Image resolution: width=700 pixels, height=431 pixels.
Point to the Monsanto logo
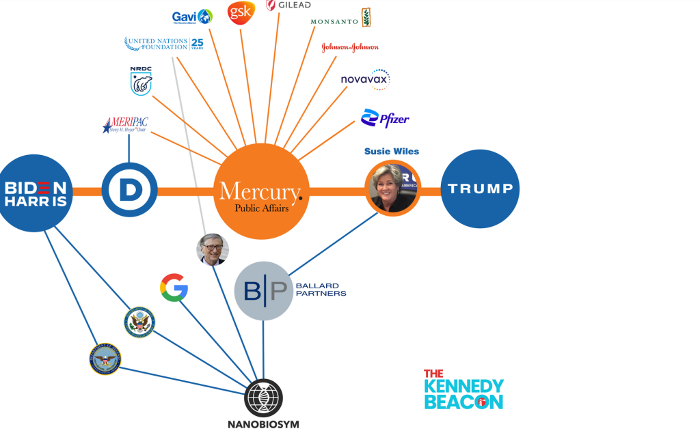coord(340,18)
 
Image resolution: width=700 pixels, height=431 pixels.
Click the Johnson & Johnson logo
coord(349,47)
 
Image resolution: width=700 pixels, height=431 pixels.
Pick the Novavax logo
coord(365,79)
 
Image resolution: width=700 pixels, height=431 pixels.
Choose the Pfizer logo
coord(385,119)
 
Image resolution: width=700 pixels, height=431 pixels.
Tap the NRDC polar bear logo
coord(141,81)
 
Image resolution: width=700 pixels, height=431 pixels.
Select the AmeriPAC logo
coord(125,125)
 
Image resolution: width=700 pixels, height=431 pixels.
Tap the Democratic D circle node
coord(130,191)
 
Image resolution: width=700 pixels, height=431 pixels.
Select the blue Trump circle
coord(480,189)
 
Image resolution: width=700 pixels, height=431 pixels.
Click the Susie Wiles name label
coord(392,151)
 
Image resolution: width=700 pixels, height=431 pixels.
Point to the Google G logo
coord(174,288)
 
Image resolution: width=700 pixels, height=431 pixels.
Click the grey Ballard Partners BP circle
coord(264,291)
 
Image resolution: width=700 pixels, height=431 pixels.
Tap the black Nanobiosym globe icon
coord(263,398)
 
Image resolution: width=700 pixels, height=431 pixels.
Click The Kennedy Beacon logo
coord(463,390)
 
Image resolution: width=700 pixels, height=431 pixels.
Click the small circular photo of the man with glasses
coord(213,249)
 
